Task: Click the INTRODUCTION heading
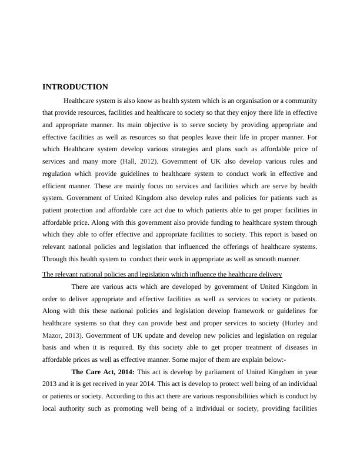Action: (75, 87)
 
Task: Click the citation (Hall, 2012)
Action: (139, 161)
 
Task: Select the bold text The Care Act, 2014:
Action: (103, 372)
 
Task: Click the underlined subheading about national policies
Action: (162, 274)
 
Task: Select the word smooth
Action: (264, 260)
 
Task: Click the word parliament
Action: (223, 372)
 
